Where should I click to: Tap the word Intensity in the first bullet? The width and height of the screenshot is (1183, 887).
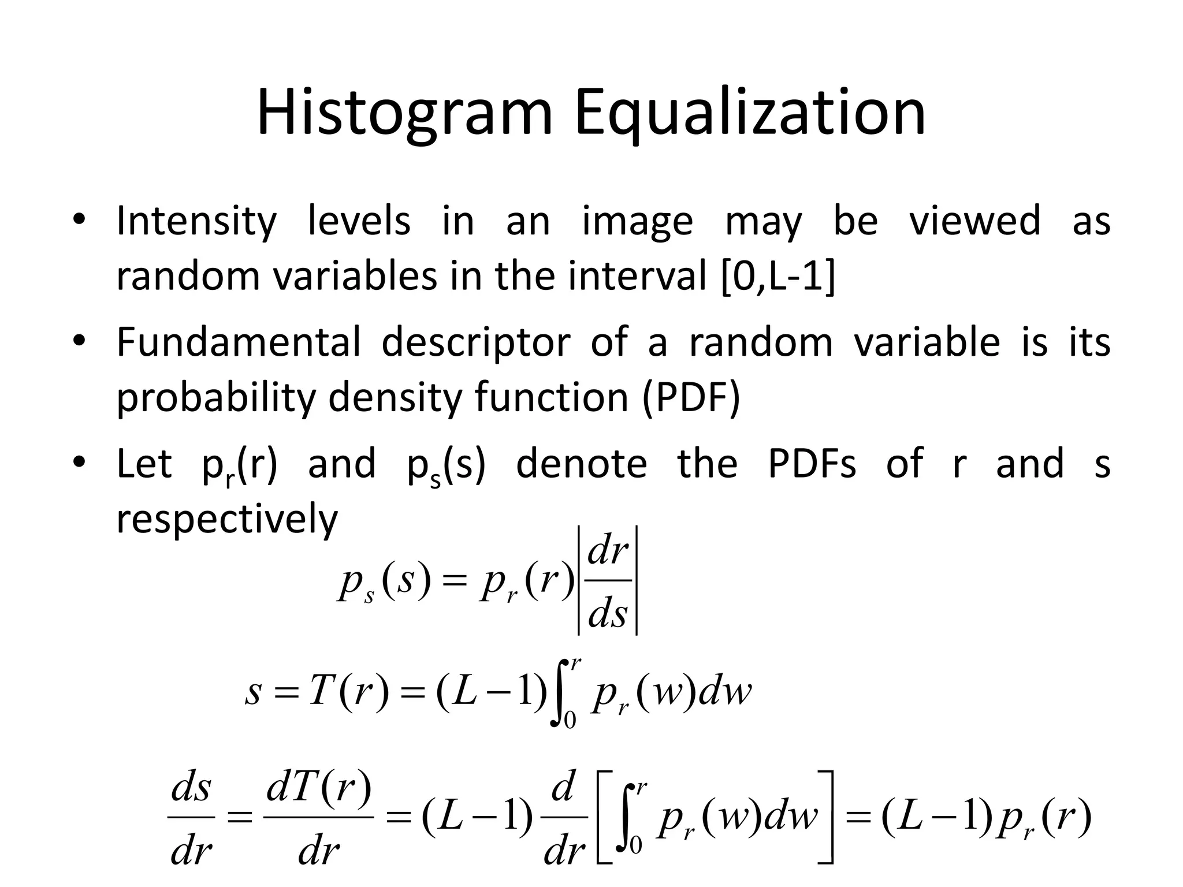(196, 221)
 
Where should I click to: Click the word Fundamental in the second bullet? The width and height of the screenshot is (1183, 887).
(239, 342)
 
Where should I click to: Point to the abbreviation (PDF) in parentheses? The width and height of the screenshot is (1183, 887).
(691, 397)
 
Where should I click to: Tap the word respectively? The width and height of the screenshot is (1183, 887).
(227, 520)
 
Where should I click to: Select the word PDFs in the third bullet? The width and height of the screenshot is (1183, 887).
(812, 464)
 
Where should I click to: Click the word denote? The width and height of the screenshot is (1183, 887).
(581, 464)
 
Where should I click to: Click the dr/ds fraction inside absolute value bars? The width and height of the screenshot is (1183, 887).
(608, 581)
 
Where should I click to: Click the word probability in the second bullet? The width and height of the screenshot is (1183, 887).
(216, 397)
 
